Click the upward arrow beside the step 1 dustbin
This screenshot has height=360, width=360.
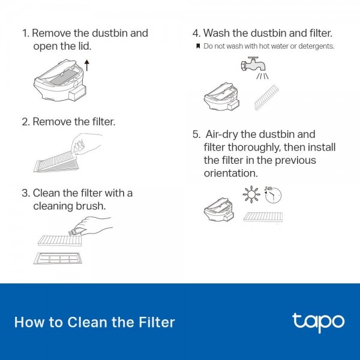pyautogui.click(x=87, y=65)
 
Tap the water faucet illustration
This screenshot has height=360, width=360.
pyautogui.click(x=253, y=64)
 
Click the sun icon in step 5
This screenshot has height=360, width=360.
pyautogui.click(x=251, y=194)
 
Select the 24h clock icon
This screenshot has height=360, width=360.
pyautogui.click(x=273, y=195)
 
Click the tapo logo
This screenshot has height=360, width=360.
pyautogui.click(x=319, y=322)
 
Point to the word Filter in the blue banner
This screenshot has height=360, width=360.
pyautogui.click(x=157, y=322)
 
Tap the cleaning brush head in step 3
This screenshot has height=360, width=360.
pyautogui.click(x=74, y=232)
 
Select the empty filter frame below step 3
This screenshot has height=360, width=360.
pyautogui.click(x=58, y=258)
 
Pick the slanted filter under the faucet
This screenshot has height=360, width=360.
pyautogui.click(x=266, y=97)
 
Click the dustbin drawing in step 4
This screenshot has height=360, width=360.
pyautogui.click(x=222, y=97)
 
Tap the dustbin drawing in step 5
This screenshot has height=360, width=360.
pyautogui.click(x=219, y=209)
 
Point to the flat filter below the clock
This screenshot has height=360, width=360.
pyautogui.click(x=263, y=217)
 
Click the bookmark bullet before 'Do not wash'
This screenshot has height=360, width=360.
pyautogui.click(x=198, y=46)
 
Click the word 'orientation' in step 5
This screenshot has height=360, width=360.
pyautogui.click(x=231, y=173)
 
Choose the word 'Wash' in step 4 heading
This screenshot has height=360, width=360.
pyautogui.click(x=217, y=33)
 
